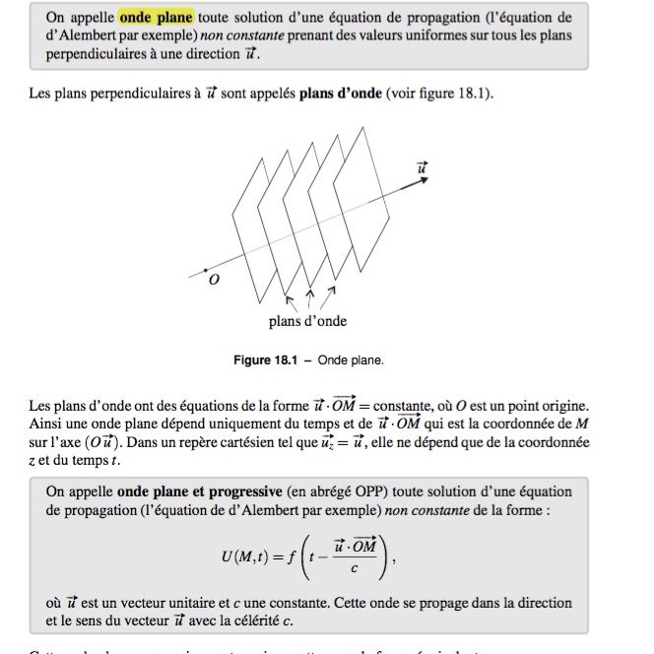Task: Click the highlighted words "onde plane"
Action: (156, 18)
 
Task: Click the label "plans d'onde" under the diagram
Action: (307, 321)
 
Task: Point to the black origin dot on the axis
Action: (205, 268)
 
